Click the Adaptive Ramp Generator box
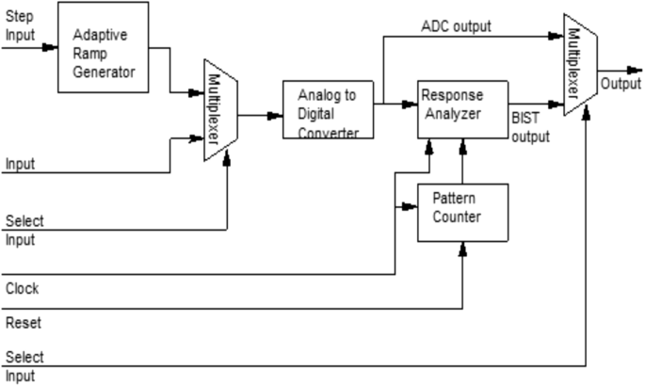coord(103,47)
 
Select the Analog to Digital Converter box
coord(328,110)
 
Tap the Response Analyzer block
coord(461,109)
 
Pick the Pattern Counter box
coord(461,212)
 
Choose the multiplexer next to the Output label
coord(579,65)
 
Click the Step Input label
coord(19,24)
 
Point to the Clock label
coord(23,287)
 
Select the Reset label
coord(24,323)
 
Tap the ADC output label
coord(457,25)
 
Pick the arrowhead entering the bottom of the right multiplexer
coord(586,110)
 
